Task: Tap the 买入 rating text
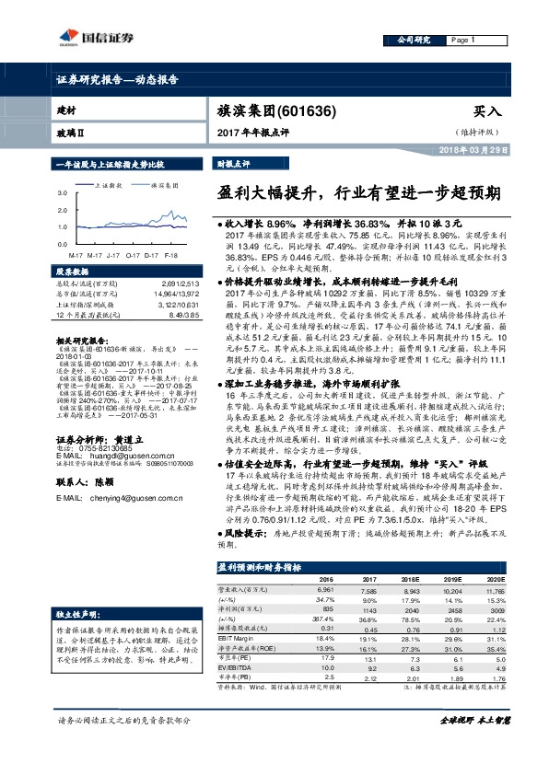point(487,110)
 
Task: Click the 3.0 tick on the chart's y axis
point(61,194)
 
